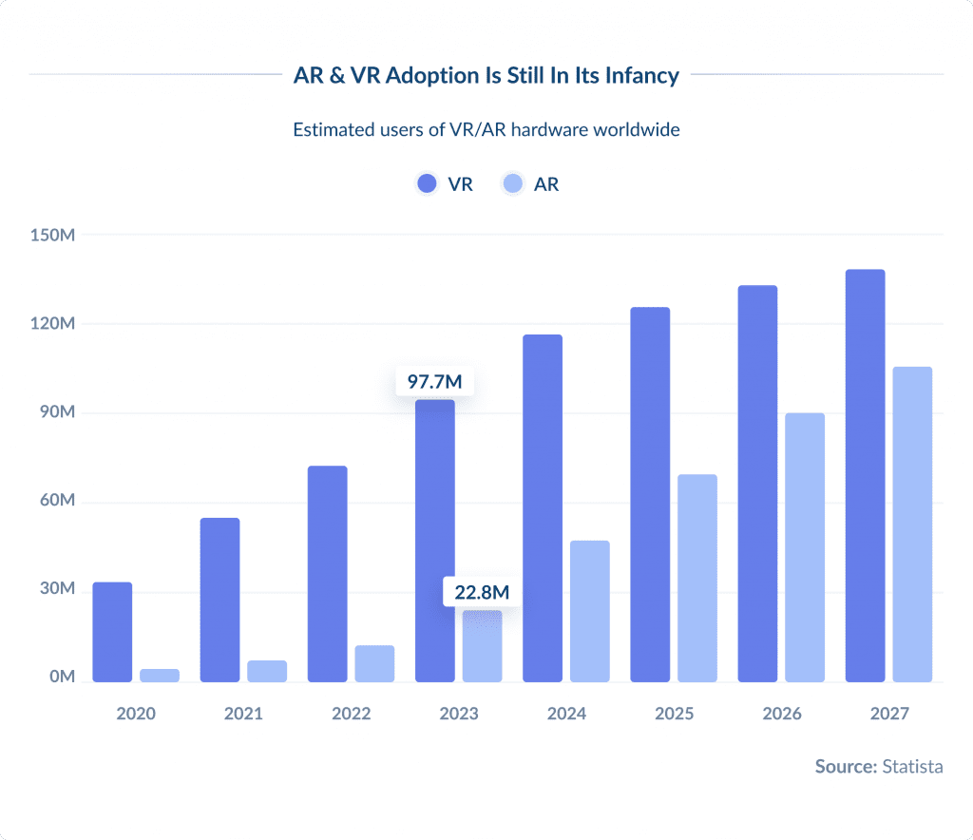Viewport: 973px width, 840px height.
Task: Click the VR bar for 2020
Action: (112, 632)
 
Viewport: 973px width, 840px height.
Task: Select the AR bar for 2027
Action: (912, 525)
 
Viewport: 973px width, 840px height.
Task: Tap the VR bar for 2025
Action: (650, 494)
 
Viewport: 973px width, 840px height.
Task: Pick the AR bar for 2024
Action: (589, 611)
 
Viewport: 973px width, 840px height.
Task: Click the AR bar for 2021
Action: (267, 671)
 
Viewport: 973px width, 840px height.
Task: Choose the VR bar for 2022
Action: (327, 574)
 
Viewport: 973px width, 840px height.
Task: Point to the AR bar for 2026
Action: (805, 547)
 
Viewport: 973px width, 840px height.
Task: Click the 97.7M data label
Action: (434, 382)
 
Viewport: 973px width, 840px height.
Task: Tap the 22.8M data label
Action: (482, 592)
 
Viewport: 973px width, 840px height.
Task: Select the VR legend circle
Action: (427, 184)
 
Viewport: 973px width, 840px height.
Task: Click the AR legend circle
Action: (513, 184)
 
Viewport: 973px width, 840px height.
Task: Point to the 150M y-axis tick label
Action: (52, 235)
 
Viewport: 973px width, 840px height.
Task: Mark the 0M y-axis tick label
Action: (61, 678)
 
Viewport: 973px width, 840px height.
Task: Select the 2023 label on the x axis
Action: (459, 714)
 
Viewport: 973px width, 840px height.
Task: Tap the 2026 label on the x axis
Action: (782, 714)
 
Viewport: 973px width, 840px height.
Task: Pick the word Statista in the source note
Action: (912, 766)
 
